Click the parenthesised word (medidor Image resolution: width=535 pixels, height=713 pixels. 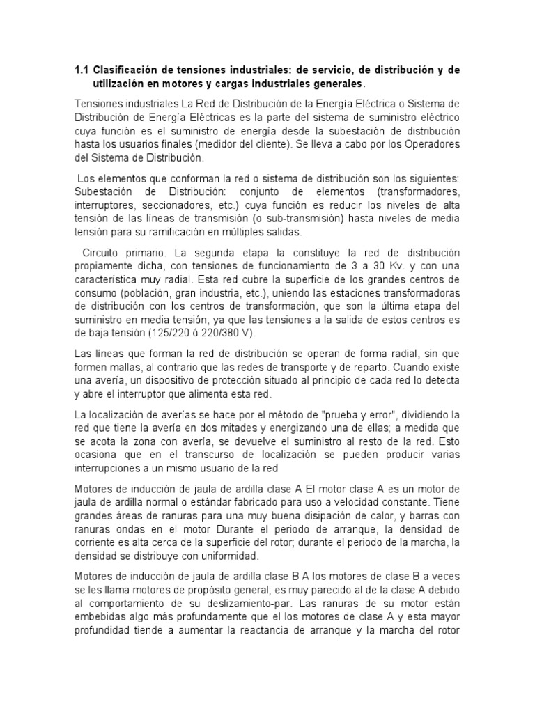[x=215, y=144]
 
